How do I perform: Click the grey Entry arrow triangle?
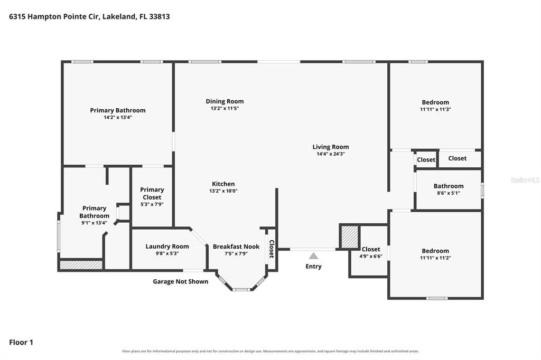click(313, 256)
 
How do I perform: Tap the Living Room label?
click(331, 147)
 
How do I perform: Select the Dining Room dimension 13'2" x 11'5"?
click(225, 108)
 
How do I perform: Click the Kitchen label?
click(223, 184)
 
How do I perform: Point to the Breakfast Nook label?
click(236, 247)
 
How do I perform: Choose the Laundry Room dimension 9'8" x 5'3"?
click(167, 253)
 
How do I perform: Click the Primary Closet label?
click(152, 193)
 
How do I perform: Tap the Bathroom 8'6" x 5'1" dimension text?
click(449, 193)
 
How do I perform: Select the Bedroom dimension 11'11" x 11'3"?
click(435, 109)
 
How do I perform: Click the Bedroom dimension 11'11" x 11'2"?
click(435, 258)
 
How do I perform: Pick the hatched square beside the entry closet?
click(350, 237)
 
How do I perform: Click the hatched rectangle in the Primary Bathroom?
click(81, 265)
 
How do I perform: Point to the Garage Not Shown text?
click(181, 281)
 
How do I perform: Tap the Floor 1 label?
click(21, 343)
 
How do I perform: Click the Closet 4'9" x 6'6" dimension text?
click(371, 256)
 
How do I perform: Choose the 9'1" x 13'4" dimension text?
click(94, 223)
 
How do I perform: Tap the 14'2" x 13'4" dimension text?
click(118, 117)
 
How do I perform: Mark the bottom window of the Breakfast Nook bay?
click(241, 289)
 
